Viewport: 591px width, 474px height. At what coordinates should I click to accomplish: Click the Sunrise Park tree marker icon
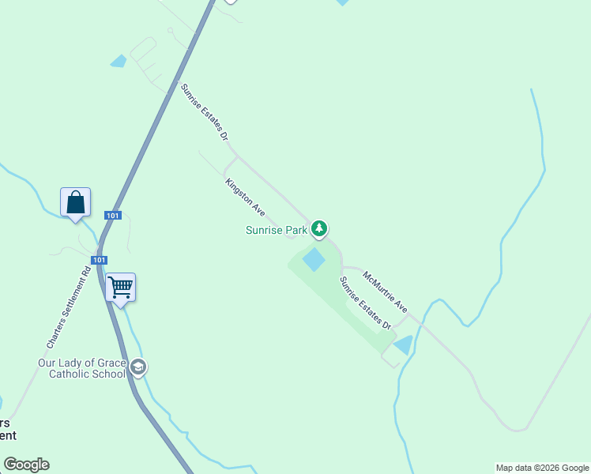coord(319,229)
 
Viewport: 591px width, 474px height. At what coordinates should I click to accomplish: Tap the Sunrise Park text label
coord(276,231)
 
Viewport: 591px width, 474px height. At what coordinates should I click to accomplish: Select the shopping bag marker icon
coord(75,202)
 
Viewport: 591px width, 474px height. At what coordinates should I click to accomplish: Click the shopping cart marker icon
coord(120,287)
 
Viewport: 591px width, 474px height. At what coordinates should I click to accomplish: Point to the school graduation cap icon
coord(138,367)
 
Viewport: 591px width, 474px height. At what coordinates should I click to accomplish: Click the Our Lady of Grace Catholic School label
coord(82,368)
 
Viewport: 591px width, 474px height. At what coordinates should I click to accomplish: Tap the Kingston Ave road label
coord(245,197)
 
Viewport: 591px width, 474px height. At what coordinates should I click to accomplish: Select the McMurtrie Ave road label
coord(385,292)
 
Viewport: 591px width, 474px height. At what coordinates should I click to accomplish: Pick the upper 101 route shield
coord(112,215)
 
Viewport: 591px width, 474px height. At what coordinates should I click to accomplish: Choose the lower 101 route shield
coord(99,260)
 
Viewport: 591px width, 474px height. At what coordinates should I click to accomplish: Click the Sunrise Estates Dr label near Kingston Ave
coord(204,112)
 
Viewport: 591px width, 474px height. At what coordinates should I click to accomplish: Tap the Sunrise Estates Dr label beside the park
coord(366,303)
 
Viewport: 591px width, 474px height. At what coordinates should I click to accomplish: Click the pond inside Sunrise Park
coord(314,259)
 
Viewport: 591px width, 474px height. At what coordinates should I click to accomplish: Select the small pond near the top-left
coord(119,61)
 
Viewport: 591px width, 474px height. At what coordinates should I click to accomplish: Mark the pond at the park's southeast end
coord(403,344)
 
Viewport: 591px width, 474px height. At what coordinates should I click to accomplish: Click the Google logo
coord(26,465)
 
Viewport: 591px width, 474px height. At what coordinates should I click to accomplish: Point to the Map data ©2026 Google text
coord(541,468)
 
